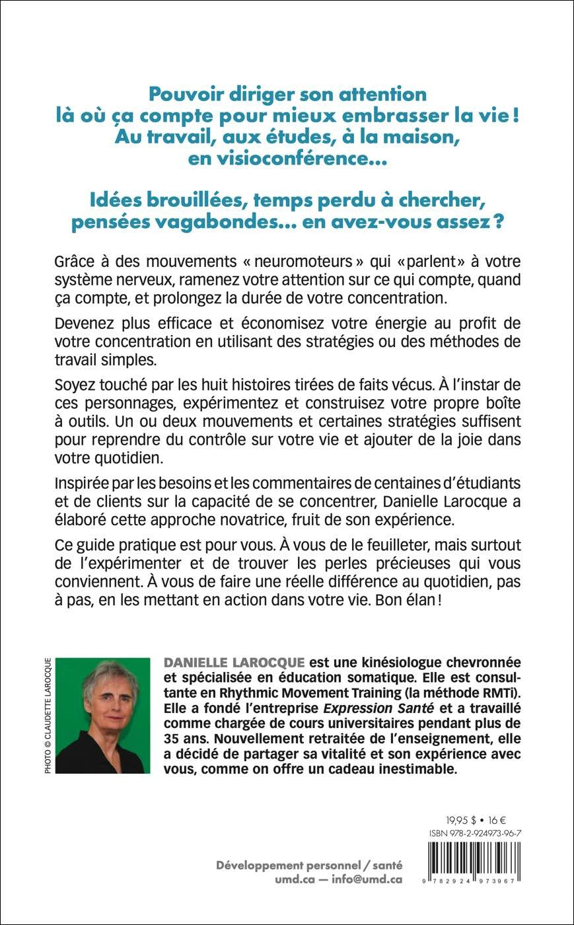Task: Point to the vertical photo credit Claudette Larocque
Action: [x=48, y=715]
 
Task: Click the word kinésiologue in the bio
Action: [x=392, y=663]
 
